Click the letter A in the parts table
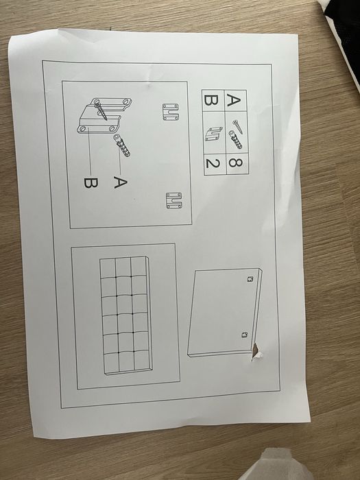point(234,100)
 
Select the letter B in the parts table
point(211,100)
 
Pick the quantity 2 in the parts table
point(212,163)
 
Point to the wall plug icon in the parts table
point(235,140)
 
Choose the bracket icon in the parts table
point(214,134)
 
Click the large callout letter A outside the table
point(120,182)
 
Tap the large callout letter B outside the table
point(91,183)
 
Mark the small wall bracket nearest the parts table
point(171,112)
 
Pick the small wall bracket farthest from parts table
point(174,200)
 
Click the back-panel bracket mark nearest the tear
point(244,335)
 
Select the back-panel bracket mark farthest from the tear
point(250,279)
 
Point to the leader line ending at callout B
point(90,152)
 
